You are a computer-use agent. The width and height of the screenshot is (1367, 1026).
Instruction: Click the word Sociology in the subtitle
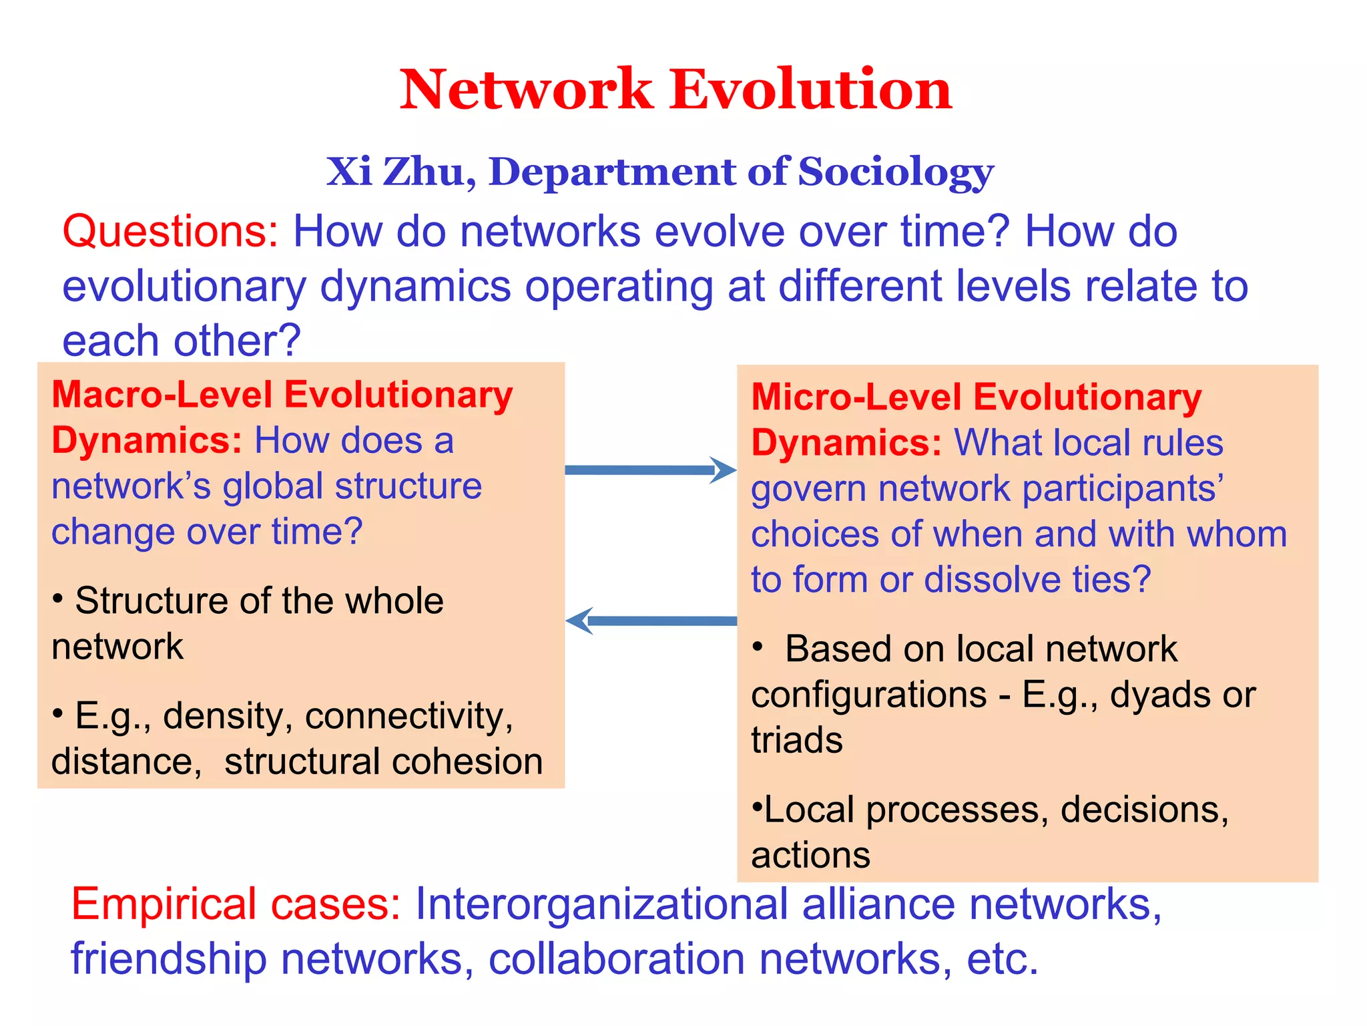[x=896, y=172]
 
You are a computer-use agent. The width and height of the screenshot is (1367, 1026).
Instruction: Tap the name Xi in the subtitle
[x=348, y=172]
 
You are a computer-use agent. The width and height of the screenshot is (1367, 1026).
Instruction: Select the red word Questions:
[x=170, y=232]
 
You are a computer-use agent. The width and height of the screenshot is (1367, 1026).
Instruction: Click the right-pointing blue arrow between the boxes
[x=650, y=470]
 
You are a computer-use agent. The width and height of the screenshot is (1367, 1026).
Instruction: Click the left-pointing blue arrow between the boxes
[x=650, y=621]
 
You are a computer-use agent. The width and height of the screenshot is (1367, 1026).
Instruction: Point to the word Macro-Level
[x=162, y=395]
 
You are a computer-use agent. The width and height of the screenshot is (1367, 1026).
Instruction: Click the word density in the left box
[x=223, y=717]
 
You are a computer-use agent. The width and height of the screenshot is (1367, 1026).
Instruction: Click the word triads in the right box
[x=797, y=741]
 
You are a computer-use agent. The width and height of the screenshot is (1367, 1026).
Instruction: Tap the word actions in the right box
[x=810, y=856]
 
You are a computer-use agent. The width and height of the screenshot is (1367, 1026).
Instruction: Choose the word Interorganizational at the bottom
[x=601, y=904]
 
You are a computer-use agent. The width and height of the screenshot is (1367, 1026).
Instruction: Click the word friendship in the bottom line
[x=169, y=959]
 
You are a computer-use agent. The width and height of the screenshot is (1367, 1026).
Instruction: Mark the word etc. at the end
[x=1003, y=959]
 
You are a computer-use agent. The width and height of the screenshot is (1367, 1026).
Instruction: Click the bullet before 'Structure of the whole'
[x=58, y=597]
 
